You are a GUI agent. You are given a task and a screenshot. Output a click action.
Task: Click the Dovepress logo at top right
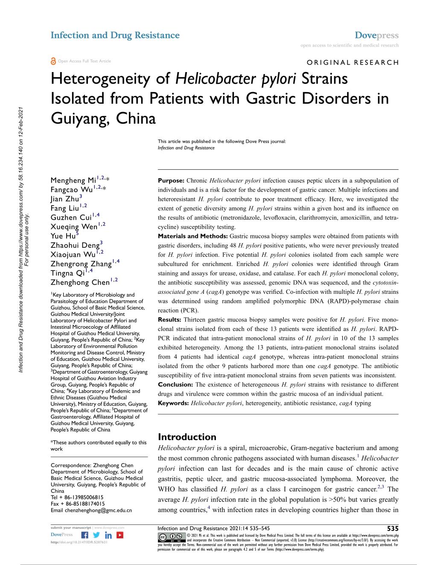[x=376, y=35]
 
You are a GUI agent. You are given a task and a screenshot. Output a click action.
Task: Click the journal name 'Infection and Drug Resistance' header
[x=115, y=35]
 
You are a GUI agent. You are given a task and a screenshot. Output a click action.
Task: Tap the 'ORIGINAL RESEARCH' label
[x=353, y=62]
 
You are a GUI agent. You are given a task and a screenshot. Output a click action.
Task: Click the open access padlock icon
[x=53, y=61]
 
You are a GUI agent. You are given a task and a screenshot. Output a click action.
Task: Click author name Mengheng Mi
[x=73, y=180]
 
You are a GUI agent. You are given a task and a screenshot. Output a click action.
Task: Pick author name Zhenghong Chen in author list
[x=80, y=282]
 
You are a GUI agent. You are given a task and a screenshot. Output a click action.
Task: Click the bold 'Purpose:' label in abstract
[x=171, y=181]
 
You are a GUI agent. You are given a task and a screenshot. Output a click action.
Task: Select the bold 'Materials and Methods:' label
[x=193, y=236]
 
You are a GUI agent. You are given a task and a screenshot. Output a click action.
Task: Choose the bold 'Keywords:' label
[x=173, y=403]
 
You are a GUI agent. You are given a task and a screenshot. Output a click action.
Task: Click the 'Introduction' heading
[x=187, y=437]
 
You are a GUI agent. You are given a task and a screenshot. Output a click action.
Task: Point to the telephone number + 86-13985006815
[x=77, y=497]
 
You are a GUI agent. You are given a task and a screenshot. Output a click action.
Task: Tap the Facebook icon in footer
[x=85, y=535]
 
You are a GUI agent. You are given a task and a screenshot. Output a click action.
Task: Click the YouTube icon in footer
[x=120, y=535]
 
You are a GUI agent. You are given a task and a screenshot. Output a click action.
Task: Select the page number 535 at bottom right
[x=391, y=528]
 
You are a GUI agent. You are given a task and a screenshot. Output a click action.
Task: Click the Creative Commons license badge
[x=168, y=536]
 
